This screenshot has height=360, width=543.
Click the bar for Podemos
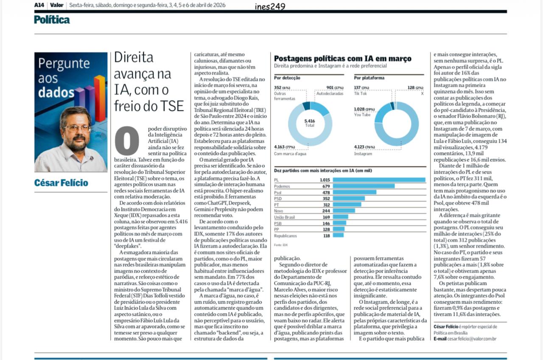364,186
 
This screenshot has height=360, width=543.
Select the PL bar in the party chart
379,180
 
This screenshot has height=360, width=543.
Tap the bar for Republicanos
338,235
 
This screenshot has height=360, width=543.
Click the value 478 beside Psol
325,192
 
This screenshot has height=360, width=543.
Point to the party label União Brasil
284,217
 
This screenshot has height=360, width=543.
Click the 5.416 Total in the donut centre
310,123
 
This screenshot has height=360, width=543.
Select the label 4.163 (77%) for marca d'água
285,147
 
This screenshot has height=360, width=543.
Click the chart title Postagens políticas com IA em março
342,59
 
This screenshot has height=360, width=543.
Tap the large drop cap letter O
127,141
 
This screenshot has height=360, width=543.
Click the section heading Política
52,20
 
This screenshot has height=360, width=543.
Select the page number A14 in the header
39,5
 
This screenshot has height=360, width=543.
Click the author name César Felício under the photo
61,183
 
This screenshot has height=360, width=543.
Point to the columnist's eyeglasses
77,127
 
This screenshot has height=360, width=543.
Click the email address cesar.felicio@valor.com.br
469,338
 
